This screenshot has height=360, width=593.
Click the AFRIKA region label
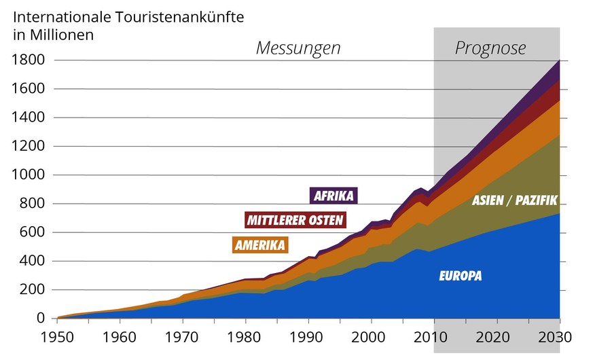[x=334, y=196]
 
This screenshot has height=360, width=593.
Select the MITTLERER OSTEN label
[x=295, y=220]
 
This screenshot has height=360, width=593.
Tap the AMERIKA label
[x=261, y=245]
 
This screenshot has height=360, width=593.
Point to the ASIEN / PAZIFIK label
[x=514, y=200]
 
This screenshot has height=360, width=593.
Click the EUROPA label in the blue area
[x=461, y=276]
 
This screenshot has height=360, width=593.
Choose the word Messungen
[x=298, y=48]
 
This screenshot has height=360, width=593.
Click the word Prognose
[x=490, y=48]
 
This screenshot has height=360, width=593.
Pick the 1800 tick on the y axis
[x=28, y=60]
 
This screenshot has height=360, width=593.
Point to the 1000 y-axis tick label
[x=28, y=175]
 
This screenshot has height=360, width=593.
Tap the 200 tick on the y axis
[x=32, y=290]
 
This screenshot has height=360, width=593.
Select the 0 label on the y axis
[x=40, y=319]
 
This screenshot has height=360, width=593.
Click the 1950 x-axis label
[x=58, y=338]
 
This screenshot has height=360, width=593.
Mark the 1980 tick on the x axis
[x=246, y=338]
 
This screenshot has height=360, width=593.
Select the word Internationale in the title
[x=60, y=15]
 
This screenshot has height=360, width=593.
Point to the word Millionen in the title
[x=60, y=33]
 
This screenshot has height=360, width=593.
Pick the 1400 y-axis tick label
[x=28, y=118]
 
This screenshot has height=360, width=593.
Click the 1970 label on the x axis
[x=183, y=338]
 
